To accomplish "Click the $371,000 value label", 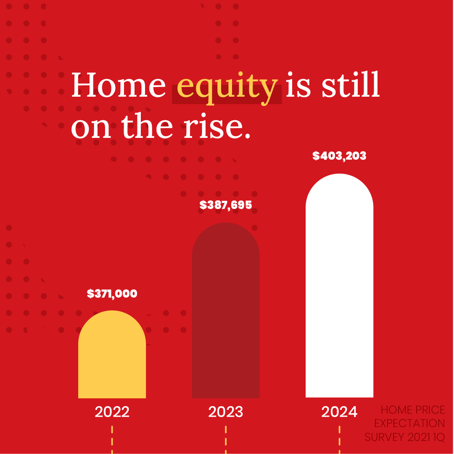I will pyautogui.click(x=112, y=293).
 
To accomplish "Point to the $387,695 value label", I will pyautogui.click(x=226, y=205).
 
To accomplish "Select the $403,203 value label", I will pyautogui.click(x=339, y=156).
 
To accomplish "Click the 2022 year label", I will pyautogui.click(x=112, y=412).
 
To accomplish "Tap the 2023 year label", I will pyautogui.click(x=226, y=412).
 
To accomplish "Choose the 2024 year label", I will pyautogui.click(x=339, y=412).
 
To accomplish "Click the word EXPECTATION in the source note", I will pyautogui.click(x=409, y=423).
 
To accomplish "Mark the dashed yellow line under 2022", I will pyautogui.click(x=112, y=439).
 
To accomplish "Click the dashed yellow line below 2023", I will pyautogui.click(x=226, y=439).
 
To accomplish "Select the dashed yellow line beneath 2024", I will pyautogui.click(x=339, y=439).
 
